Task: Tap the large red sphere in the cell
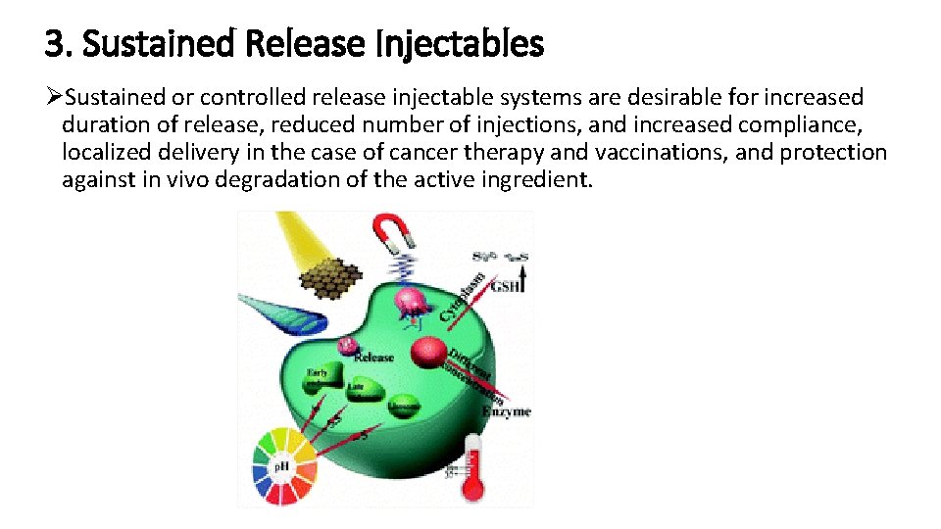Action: [x=427, y=352]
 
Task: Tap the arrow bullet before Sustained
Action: [x=54, y=97]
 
